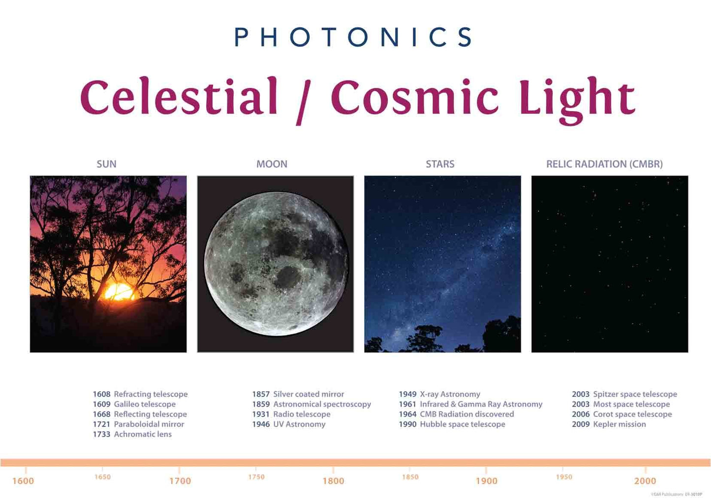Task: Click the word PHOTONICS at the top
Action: (x=353, y=37)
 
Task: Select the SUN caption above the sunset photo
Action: (x=106, y=164)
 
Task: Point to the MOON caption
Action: (x=272, y=164)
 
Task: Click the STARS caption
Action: (x=440, y=164)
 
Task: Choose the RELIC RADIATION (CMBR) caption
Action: (x=604, y=164)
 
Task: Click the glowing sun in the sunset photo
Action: (x=119, y=292)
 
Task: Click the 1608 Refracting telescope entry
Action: (x=140, y=394)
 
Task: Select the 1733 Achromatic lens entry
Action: (x=132, y=434)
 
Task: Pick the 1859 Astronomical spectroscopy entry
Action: (x=311, y=404)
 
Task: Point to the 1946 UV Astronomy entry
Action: (x=289, y=424)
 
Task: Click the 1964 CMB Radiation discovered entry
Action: (x=456, y=414)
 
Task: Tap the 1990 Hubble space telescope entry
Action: (x=452, y=424)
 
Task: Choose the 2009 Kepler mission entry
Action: (x=609, y=424)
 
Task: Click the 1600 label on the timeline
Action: (x=23, y=481)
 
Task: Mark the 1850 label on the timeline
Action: (x=410, y=477)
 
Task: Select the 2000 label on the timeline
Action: (x=645, y=481)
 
